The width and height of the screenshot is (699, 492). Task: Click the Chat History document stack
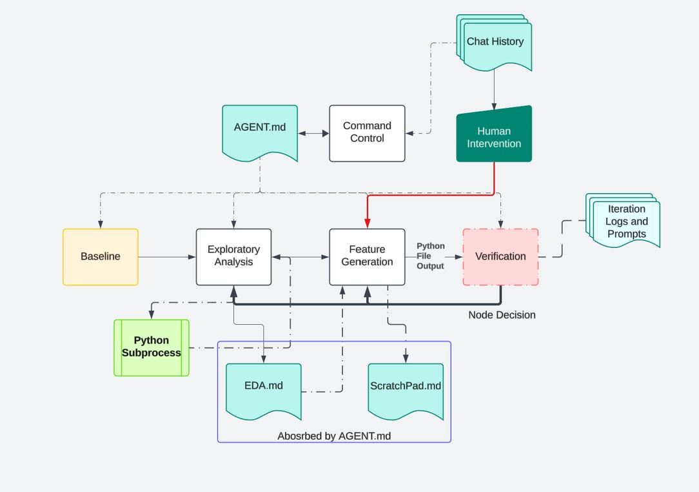495,43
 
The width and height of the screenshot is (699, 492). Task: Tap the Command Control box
367,133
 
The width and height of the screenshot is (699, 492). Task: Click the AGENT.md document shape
260,130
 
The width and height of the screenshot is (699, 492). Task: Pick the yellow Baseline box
101,256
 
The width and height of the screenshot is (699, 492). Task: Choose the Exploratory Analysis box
233,256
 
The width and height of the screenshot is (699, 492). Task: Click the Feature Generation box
367,256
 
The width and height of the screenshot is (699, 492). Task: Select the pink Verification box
500,256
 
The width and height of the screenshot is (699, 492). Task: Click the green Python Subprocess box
152,347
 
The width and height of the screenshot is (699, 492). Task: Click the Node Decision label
502,315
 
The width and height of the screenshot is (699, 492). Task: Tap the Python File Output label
430,256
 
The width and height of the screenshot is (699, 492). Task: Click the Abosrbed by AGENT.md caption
334,436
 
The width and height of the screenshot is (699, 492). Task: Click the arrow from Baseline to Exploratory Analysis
167,257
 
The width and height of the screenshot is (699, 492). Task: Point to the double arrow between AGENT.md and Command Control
313,134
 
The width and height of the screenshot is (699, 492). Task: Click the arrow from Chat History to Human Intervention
495,87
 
